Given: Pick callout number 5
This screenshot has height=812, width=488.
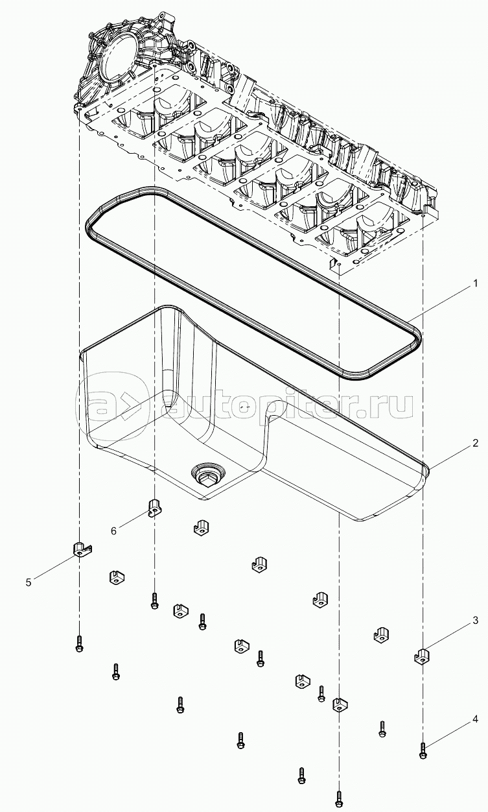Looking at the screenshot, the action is pyautogui.click(x=29, y=582).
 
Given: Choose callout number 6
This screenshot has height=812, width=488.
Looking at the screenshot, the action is pyautogui.click(x=113, y=531).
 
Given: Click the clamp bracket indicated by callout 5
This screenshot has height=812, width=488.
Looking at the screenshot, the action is pyautogui.click(x=80, y=549).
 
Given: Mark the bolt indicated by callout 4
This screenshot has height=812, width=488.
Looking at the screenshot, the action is pyautogui.click(x=423, y=752).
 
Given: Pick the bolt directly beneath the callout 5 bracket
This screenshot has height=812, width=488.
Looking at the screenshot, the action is pyautogui.click(x=78, y=643).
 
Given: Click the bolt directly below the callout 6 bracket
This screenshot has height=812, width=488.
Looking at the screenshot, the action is pyautogui.click(x=154, y=602).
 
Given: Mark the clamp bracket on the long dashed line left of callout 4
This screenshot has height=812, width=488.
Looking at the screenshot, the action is pyautogui.click(x=340, y=704).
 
